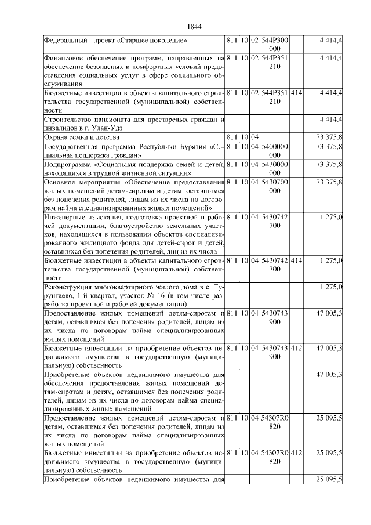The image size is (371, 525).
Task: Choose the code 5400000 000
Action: coord(275,151)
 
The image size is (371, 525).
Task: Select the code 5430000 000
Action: coord(275,168)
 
